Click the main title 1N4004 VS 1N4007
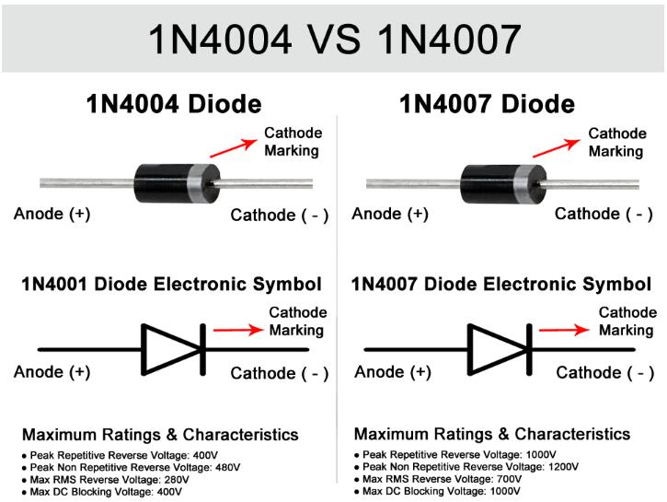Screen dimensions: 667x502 [334, 40]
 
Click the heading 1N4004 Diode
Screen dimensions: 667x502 [174, 104]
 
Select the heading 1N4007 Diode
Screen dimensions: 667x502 [487, 104]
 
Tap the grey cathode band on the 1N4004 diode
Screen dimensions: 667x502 [195, 183]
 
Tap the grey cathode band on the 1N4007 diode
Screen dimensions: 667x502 [522, 184]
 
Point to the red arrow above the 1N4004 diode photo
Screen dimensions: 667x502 [233, 148]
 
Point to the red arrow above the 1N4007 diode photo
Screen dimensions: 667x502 [557, 148]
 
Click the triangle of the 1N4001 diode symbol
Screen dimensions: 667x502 [171, 350]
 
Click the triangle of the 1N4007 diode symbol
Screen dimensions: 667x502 [498, 350]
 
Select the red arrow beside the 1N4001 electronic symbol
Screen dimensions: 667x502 [238, 330]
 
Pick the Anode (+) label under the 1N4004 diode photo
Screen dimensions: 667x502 [52, 214]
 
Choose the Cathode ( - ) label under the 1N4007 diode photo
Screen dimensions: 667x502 [604, 215]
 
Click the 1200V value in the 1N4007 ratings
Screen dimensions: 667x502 [563, 467]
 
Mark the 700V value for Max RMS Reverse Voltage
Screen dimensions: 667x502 [509, 479]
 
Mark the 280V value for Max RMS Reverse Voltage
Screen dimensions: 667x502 [177, 480]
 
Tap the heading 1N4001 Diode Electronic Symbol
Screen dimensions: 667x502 [171, 285]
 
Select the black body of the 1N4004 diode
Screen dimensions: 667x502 [161, 183]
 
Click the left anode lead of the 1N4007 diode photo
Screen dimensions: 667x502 [413, 183]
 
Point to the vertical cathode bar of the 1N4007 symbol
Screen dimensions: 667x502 [529, 350]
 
